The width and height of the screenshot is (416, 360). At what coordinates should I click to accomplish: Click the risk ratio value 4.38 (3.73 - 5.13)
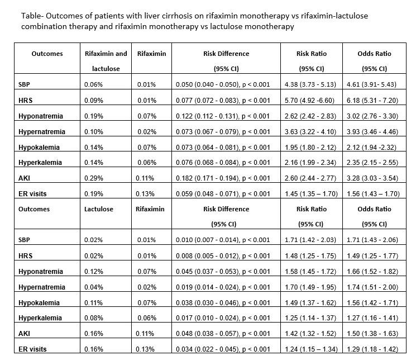[310, 84]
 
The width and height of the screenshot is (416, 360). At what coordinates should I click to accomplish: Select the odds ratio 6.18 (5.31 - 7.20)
[372, 101]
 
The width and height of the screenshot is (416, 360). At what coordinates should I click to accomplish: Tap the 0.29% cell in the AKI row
[94, 178]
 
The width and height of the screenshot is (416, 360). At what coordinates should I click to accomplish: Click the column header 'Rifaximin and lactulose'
[106, 61]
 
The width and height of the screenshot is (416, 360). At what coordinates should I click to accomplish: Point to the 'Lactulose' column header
[99, 209]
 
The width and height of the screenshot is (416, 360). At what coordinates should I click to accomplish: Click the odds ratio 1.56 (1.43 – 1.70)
[374, 193]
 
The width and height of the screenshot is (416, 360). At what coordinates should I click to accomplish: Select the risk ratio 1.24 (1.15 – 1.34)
[311, 349]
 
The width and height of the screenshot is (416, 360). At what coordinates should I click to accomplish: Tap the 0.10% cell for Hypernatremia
[94, 132]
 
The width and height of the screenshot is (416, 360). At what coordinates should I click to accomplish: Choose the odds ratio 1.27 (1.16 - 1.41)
[372, 318]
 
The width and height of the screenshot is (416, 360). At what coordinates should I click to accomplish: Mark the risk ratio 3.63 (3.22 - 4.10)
[310, 132]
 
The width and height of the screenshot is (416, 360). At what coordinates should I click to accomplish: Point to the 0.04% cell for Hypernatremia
[94, 287]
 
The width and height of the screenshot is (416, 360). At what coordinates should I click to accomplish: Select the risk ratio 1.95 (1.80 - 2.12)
[310, 148]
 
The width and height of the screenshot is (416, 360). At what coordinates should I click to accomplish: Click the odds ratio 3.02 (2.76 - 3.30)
[372, 116]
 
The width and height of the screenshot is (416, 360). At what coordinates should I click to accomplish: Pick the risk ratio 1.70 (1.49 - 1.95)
[310, 287]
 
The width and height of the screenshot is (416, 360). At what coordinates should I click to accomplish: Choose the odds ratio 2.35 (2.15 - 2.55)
[372, 162]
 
